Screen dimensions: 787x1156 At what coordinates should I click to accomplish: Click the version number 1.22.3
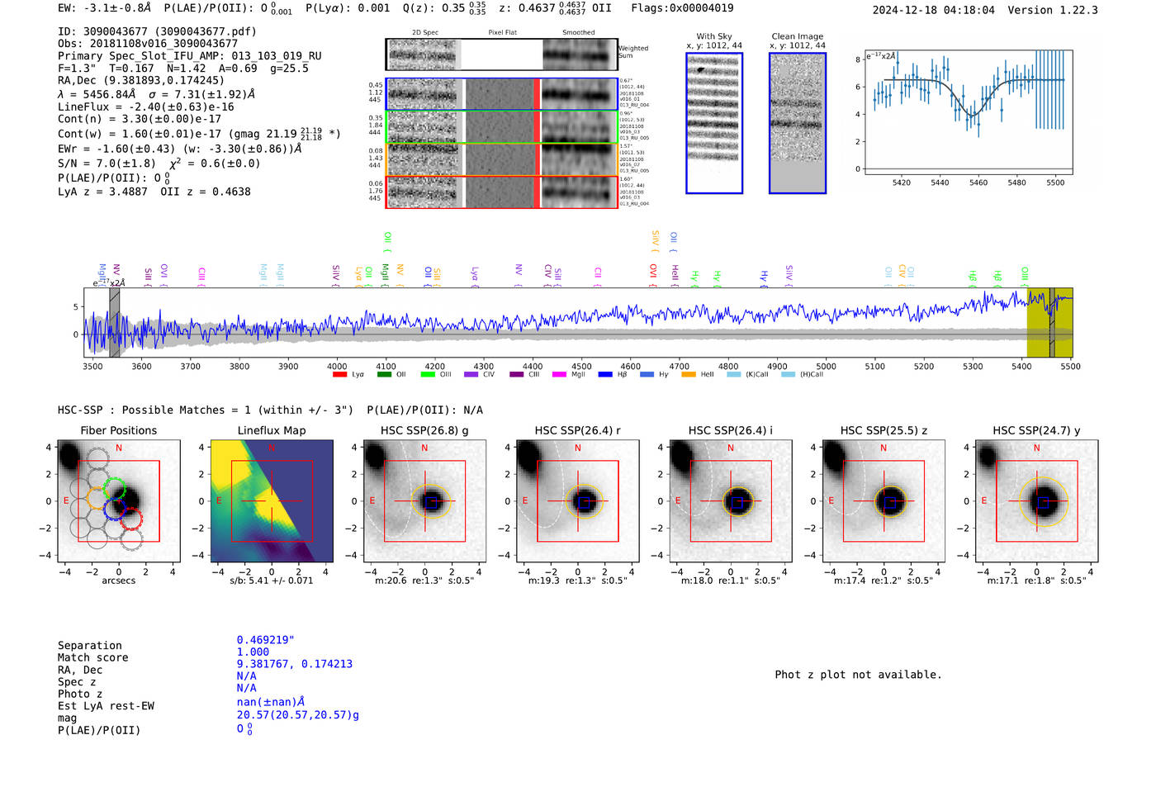[1071, 10]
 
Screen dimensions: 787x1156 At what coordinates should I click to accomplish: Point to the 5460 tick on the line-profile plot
[978, 183]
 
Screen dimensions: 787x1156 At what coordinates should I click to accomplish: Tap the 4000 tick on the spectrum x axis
[337, 366]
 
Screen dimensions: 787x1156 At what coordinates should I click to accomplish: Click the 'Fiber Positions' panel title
[118, 430]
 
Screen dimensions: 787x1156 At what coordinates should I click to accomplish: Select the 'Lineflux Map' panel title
[272, 430]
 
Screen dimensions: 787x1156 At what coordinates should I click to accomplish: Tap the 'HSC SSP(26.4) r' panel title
[577, 430]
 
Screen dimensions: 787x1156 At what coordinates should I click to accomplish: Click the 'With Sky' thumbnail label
[714, 36]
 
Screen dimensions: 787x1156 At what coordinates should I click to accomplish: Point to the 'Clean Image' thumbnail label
[798, 36]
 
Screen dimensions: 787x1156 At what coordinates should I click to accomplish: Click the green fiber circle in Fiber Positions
[115, 488]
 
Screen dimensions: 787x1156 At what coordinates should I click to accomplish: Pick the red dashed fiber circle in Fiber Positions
[131, 519]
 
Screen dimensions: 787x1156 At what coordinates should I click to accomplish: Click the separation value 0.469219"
[265, 640]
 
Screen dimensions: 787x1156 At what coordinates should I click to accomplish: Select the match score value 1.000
[253, 652]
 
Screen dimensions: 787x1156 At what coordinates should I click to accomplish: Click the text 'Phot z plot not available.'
[858, 675]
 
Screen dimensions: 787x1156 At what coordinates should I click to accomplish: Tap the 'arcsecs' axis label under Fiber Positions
[119, 581]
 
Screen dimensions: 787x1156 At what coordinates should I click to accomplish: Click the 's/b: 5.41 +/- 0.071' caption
[272, 581]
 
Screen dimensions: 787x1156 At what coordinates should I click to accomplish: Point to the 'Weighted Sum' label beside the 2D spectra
[633, 52]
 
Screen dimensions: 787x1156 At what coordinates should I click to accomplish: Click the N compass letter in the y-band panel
[1036, 448]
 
